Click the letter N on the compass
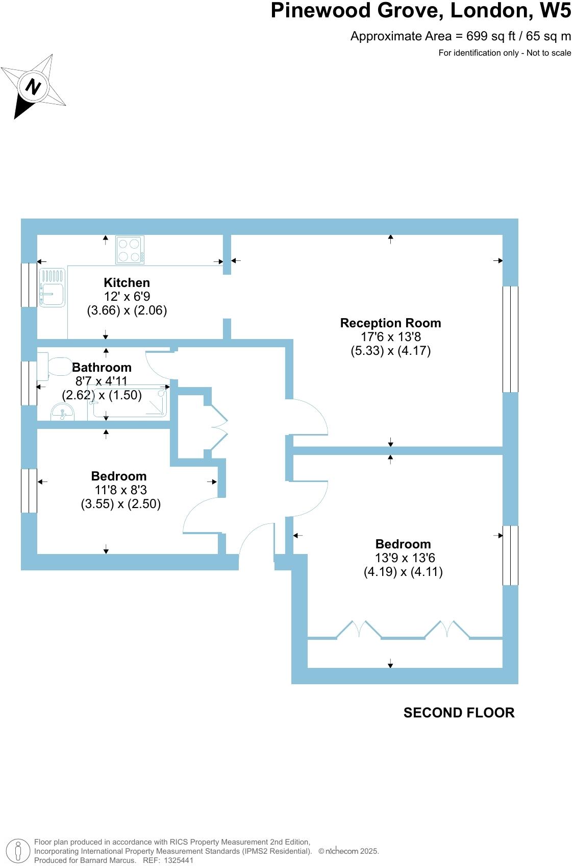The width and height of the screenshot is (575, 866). point(33,86)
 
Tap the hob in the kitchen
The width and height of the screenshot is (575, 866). point(130,250)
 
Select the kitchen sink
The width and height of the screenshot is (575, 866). point(53,288)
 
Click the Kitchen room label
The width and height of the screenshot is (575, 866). point(127,283)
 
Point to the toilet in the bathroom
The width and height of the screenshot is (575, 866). point(55,367)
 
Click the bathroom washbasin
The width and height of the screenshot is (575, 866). point(62,412)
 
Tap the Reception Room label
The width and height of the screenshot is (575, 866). point(390,323)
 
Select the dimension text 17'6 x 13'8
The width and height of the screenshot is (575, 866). point(390,337)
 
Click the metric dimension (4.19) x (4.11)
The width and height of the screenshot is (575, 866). point(403,572)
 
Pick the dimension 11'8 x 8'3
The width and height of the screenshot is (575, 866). point(120,490)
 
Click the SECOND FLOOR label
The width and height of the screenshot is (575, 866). point(459,713)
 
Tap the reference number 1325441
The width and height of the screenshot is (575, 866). point(177,860)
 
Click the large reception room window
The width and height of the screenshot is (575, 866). point(510,339)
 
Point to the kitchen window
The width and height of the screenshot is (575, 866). point(29,285)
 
